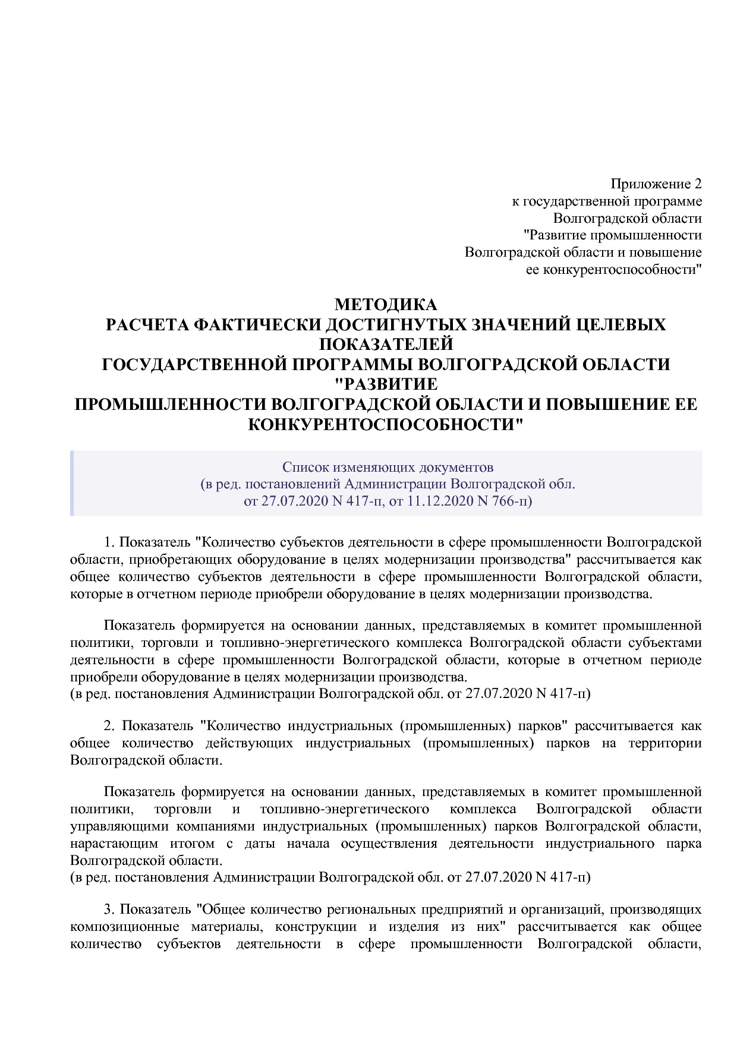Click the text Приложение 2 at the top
click(x=656, y=184)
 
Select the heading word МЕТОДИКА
click(x=386, y=305)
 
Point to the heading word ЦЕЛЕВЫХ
click(x=622, y=324)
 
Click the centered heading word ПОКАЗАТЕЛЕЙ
click(x=386, y=344)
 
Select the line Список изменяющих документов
click(x=388, y=466)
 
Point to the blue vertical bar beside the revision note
click(x=72, y=483)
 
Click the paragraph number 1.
click(x=108, y=542)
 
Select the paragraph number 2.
click(x=108, y=726)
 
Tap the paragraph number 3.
click(x=108, y=910)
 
